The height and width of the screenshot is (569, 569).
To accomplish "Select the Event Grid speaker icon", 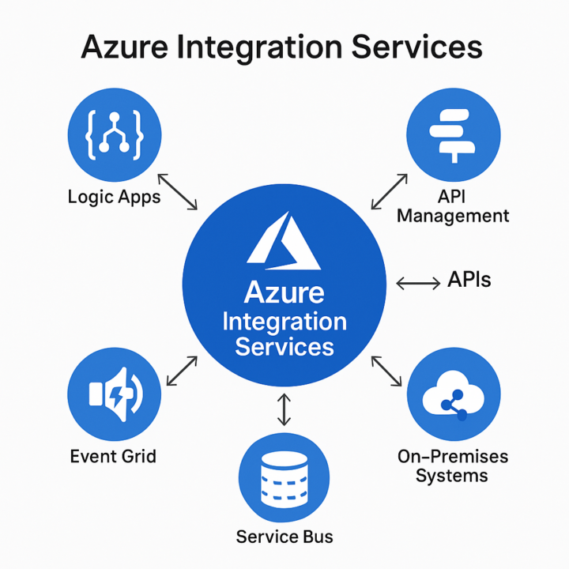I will [x=115, y=393].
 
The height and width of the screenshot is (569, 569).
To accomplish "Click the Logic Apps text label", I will [x=114, y=197].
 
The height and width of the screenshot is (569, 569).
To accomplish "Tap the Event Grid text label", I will [x=113, y=456].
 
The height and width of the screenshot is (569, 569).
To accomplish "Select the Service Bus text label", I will [x=284, y=537].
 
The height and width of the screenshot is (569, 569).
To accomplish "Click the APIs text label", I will [x=469, y=279].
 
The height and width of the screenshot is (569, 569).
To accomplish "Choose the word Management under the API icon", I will [x=453, y=216].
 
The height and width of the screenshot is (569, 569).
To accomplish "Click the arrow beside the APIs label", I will [x=417, y=283].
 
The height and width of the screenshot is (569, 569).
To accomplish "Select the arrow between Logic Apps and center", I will [x=178, y=192].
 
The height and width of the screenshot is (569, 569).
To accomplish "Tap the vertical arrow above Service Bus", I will [x=284, y=409].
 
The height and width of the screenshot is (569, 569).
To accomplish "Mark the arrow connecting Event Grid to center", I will [x=182, y=371].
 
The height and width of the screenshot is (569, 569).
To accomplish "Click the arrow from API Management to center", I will [x=389, y=190].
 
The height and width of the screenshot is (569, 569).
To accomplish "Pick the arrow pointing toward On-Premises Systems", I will [x=386, y=371].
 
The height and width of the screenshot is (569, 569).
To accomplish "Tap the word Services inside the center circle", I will [x=284, y=346].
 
